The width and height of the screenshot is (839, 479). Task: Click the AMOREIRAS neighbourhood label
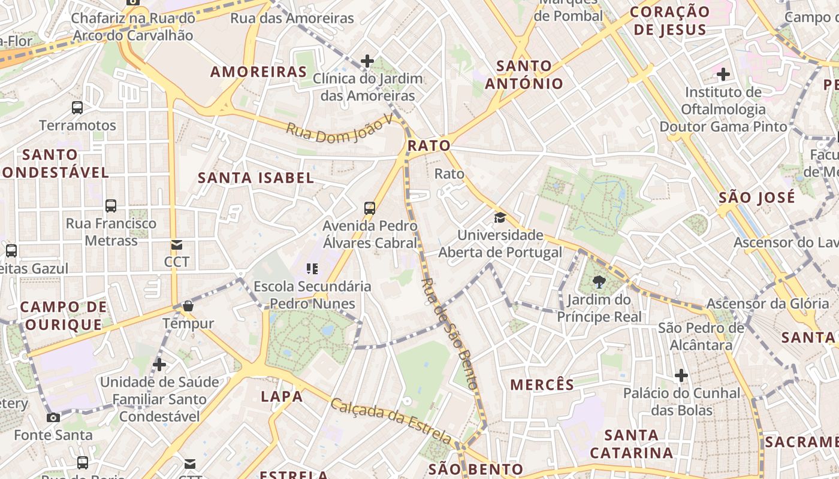pyautogui.click(x=258, y=72)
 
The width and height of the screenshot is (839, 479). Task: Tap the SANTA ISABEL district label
pyautogui.click(x=256, y=178)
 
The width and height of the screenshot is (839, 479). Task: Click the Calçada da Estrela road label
pyautogui.click(x=390, y=422)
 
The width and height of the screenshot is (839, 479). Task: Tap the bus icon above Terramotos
pyautogui.click(x=77, y=108)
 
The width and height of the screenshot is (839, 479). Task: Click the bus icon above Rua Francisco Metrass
pyautogui.click(x=111, y=206)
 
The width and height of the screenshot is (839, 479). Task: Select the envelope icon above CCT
pyautogui.click(x=177, y=245)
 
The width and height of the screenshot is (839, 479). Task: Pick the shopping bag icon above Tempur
pyautogui.click(x=188, y=307)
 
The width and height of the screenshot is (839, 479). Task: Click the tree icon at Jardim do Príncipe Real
pyautogui.click(x=598, y=282)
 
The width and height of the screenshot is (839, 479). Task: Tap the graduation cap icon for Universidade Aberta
pyautogui.click(x=500, y=217)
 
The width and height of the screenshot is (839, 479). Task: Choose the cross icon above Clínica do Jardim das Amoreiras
pyautogui.click(x=367, y=61)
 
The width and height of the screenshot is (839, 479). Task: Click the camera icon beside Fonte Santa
pyautogui.click(x=53, y=417)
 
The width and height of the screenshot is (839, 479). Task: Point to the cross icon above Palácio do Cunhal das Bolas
pyautogui.click(x=681, y=376)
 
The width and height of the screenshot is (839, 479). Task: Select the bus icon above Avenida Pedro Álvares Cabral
pyautogui.click(x=370, y=208)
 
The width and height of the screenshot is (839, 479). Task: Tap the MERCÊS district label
pyautogui.click(x=542, y=384)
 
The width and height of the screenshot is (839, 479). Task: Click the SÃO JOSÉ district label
pyautogui.click(x=757, y=198)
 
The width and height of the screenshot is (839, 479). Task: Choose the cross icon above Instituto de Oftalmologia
pyautogui.click(x=723, y=75)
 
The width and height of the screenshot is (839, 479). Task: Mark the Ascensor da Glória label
pyautogui.click(x=768, y=304)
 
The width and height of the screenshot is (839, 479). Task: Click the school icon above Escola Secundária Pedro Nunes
pyautogui.click(x=312, y=269)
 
